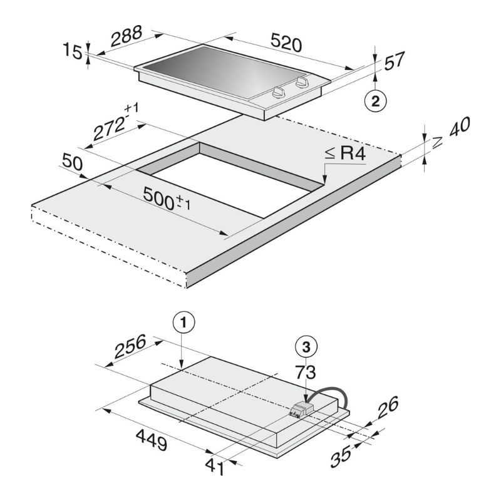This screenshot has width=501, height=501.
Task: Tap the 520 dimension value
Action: click(x=286, y=42)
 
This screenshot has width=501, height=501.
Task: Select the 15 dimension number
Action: click(x=73, y=51)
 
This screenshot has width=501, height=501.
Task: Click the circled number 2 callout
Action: click(x=375, y=101)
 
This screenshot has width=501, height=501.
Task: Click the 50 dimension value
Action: click(x=72, y=162)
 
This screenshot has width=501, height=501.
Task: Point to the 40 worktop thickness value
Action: click(x=460, y=127)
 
